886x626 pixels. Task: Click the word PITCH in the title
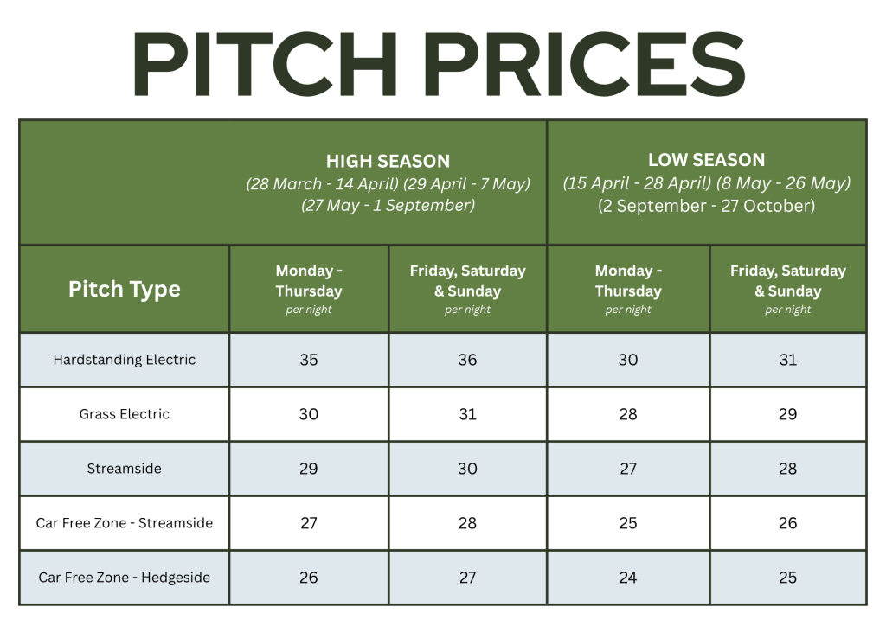[266, 64]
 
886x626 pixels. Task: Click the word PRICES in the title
[585, 64]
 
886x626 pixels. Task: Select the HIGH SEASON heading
[388, 162]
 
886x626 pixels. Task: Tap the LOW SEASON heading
[706, 160]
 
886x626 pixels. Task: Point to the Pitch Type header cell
[125, 289]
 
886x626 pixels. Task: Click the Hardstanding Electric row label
[125, 360]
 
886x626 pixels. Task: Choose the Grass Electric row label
[125, 414]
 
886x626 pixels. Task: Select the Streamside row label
[125, 469]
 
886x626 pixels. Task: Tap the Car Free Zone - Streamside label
[125, 523]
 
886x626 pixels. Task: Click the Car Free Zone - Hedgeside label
[125, 578]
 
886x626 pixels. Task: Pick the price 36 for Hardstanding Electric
[467, 360]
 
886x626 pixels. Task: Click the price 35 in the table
[309, 360]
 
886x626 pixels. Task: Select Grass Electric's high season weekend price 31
[467, 414]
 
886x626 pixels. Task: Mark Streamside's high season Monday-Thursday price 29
[309, 469]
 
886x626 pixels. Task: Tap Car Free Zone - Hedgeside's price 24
[628, 578]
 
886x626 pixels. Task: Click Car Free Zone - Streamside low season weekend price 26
[787, 523]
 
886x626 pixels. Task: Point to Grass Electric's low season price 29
[787, 414]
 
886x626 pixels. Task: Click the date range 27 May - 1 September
[388, 206]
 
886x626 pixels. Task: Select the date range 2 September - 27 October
[706, 206]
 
